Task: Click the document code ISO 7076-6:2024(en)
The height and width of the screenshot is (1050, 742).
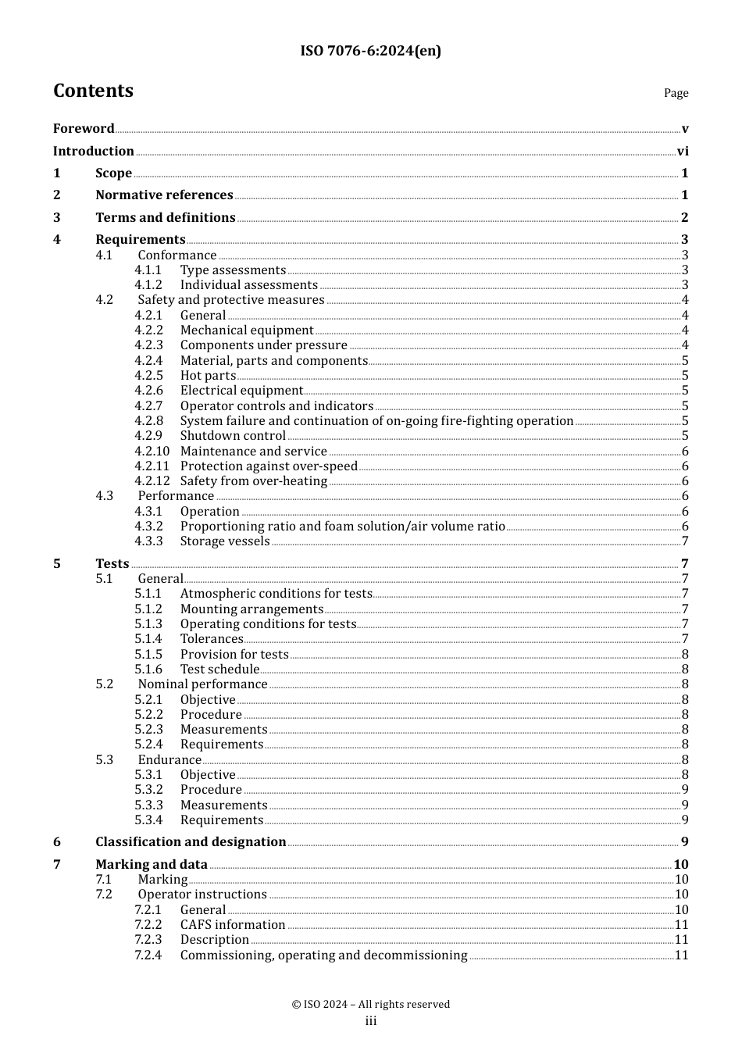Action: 370,52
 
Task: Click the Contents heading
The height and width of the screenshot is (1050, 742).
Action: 93,91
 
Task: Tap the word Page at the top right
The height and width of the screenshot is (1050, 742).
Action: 676,93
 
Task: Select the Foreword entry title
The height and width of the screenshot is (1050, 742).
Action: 84,129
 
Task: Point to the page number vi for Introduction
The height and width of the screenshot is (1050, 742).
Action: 682,152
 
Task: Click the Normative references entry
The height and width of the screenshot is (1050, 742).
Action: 164,195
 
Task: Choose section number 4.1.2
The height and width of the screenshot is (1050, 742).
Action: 148,285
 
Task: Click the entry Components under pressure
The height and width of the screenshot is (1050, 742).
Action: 263,345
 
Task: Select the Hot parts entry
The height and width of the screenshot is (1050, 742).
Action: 208,376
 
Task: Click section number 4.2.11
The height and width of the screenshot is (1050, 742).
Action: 152,466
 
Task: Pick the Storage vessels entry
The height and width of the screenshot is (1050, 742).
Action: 225,541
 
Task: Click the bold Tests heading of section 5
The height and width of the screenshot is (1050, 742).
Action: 112,564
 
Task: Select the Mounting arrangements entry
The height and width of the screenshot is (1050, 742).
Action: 251,609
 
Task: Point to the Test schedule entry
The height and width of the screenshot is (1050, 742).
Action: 219,670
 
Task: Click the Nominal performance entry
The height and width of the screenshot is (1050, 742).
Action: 202,684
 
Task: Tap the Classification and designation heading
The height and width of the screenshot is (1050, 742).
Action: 191,842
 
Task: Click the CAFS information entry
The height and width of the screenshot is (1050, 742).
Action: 233,925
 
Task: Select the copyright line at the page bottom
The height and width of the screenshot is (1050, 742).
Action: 370,1005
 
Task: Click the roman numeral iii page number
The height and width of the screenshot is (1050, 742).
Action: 370,1021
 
